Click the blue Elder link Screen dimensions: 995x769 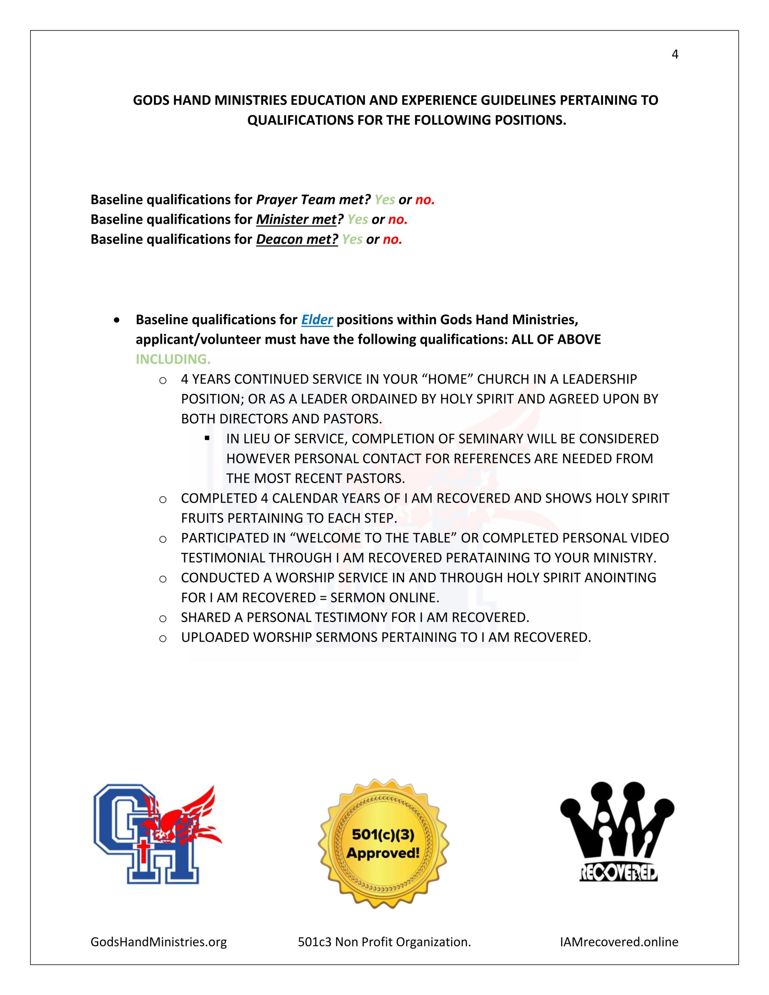(x=317, y=320)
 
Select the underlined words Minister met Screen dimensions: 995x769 (x=296, y=220)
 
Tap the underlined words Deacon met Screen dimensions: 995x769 (x=297, y=240)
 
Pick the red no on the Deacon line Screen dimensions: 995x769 (x=392, y=240)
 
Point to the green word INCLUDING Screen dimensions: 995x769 (x=173, y=360)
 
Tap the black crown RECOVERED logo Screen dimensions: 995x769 (x=618, y=833)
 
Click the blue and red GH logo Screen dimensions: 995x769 (x=155, y=834)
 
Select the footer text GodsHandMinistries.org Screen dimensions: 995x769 (x=159, y=942)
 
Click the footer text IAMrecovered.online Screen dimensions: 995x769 (x=619, y=942)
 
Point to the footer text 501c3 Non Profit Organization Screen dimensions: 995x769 (x=384, y=942)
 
